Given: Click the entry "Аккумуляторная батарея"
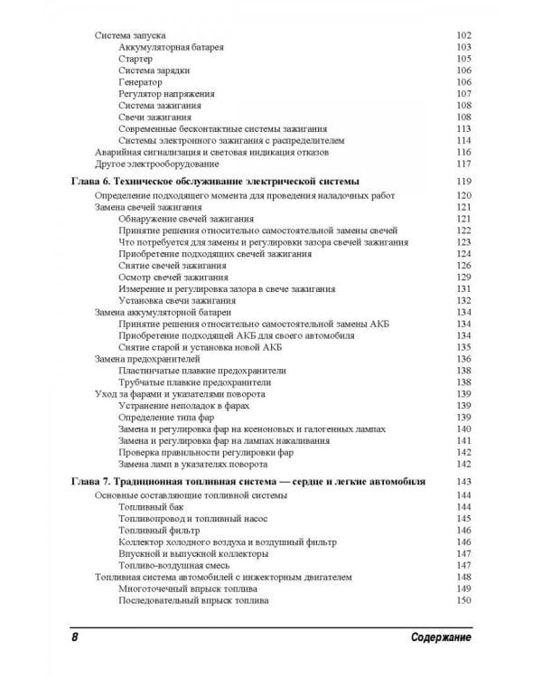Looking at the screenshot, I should (x=171, y=46).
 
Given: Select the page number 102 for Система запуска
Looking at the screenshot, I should (x=464, y=34).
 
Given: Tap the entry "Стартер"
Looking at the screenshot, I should (x=135, y=58).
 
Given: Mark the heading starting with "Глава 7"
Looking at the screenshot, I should (x=248, y=482).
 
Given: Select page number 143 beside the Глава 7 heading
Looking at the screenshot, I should (x=464, y=482).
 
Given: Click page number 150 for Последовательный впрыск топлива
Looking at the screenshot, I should (x=464, y=600).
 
